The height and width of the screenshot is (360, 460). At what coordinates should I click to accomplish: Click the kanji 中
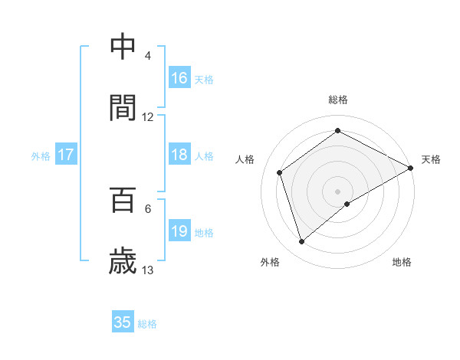[x=123, y=46]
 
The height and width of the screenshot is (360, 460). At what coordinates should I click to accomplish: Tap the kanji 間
[x=123, y=108]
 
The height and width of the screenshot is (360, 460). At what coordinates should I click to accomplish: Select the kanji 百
[x=123, y=200]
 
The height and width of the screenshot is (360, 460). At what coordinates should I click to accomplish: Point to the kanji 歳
[x=123, y=262]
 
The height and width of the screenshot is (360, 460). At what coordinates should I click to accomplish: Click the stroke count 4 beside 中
[x=148, y=56]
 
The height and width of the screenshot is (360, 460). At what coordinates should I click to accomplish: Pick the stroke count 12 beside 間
[x=148, y=117]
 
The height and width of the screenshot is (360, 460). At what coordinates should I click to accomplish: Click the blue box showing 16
[x=179, y=78]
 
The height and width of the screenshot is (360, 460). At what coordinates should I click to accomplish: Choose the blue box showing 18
[x=179, y=155]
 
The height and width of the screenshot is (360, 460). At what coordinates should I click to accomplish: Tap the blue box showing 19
[x=179, y=231]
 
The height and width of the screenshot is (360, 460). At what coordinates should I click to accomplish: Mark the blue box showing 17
[x=66, y=155]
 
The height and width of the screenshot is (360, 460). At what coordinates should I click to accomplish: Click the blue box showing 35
[x=123, y=322]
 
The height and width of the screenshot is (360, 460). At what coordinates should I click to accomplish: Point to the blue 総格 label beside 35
[x=147, y=324]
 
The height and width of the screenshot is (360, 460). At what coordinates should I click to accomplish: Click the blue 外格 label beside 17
[x=41, y=156]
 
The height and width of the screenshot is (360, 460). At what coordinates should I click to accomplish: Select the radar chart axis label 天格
[x=431, y=159]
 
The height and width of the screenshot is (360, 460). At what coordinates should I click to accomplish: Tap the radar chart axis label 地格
[x=402, y=262]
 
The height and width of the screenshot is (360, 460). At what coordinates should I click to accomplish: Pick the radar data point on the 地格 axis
[x=347, y=204]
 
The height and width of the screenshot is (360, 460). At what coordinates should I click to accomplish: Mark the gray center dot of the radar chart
[x=337, y=191]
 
